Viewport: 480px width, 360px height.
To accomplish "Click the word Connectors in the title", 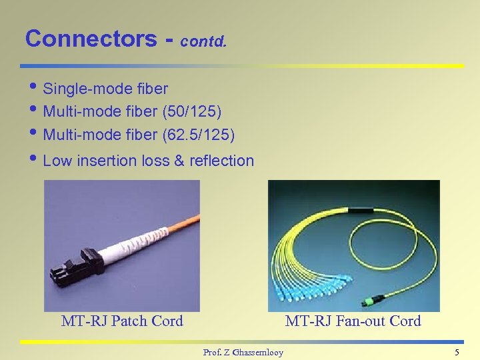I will pyautogui.click(x=90, y=39).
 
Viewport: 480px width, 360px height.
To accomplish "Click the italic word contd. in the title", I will pyautogui.click(x=203, y=42).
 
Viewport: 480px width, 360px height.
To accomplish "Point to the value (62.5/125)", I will pyautogui.click(x=199, y=135).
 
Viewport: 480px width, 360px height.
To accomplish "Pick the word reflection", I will pyautogui.click(x=221, y=161).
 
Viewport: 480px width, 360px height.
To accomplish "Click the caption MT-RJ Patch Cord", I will pyautogui.click(x=122, y=321).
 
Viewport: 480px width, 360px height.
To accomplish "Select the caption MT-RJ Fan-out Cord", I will pyautogui.click(x=353, y=321).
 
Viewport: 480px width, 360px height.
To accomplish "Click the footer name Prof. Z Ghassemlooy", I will pyautogui.click(x=243, y=352).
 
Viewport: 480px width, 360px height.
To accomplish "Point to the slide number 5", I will pyautogui.click(x=457, y=352).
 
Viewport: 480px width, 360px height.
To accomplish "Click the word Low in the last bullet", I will pyautogui.click(x=57, y=161).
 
